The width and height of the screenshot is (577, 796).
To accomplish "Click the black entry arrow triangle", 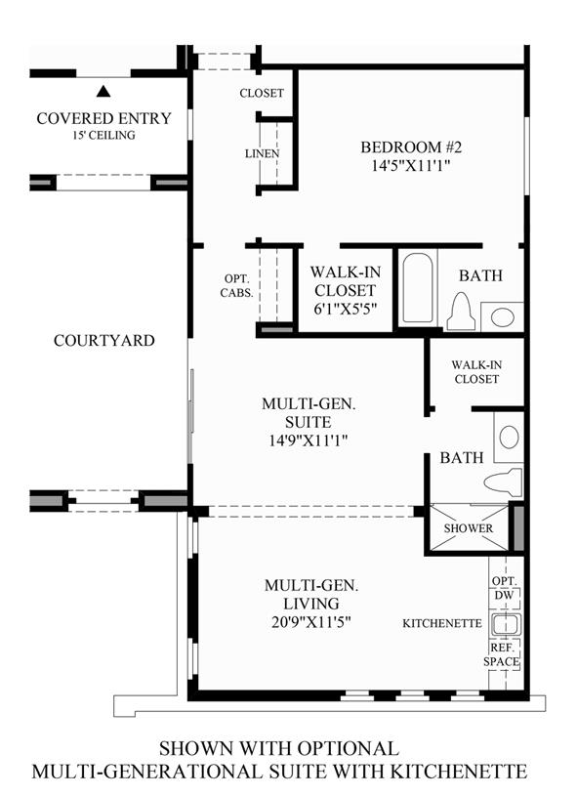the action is click(x=103, y=92).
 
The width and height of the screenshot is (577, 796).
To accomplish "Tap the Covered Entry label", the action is click(x=104, y=118).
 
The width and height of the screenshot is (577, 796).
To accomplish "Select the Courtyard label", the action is click(x=104, y=340).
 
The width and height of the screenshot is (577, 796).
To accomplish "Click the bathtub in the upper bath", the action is click(x=418, y=288).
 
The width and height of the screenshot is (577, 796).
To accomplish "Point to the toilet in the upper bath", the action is click(x=461, y=312).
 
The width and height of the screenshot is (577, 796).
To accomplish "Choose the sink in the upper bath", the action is click(x=502, y=317).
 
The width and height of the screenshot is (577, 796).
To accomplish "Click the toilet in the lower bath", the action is click(x=503, y=482).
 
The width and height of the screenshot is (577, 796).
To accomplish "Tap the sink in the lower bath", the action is click(x=509, y=437).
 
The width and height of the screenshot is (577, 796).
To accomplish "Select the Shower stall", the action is click(x=469, y=527).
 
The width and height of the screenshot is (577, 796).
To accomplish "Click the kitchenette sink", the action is click(x=506, y=624).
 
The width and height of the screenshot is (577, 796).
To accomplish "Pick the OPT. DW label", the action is click(x=505, y=588).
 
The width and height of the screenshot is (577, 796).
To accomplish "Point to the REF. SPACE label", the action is click(x=502, y=655).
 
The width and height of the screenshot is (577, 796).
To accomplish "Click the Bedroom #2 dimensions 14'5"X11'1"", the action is click(x=411, y=165).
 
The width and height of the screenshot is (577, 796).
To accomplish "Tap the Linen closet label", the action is click(x=262, y=153).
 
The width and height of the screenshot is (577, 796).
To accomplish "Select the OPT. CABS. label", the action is click(x=236, y=286).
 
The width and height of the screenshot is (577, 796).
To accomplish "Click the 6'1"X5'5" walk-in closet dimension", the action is click(x=345, y=309).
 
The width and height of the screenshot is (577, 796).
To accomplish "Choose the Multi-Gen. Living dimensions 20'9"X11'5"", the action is click(x=311, y=622).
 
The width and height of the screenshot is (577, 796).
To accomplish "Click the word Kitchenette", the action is click(x=442, y=623).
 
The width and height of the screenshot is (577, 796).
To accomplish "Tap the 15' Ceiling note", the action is click(x=103, y=135).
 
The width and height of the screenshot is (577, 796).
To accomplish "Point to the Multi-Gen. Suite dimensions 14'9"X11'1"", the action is click(x=309, y=440).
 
